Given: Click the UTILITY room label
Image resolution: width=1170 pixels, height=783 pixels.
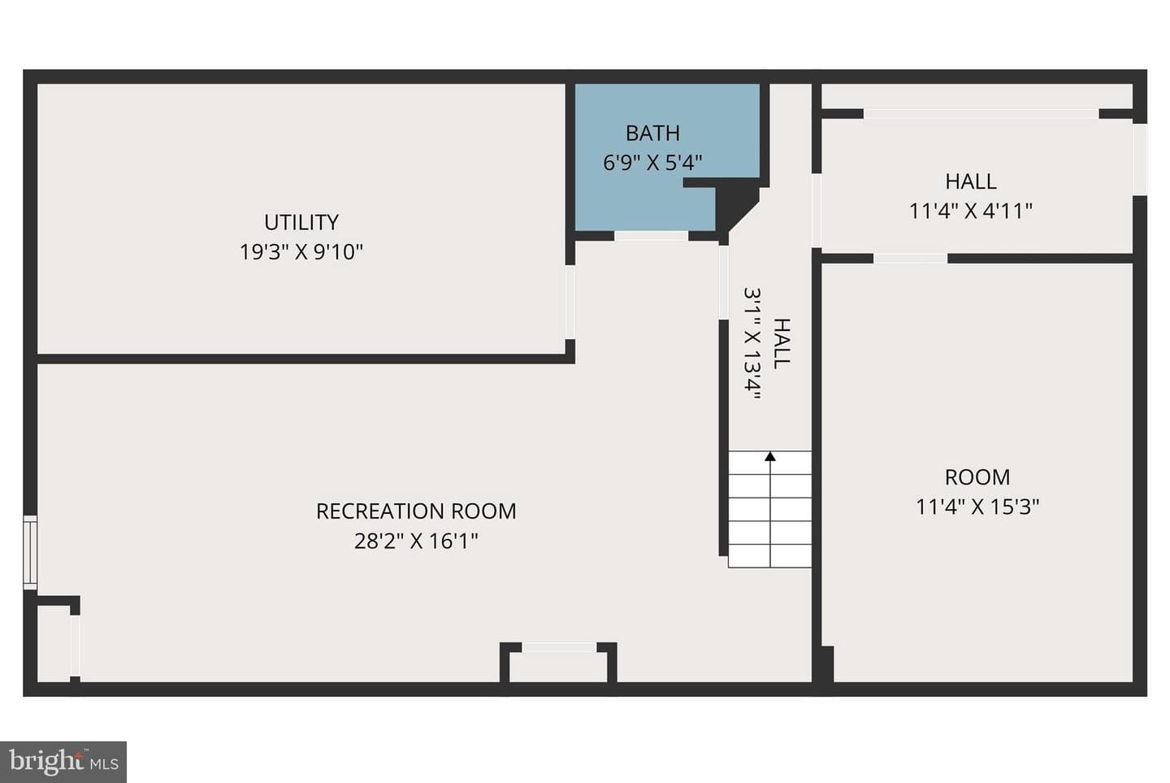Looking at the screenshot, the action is (x=301, y=222).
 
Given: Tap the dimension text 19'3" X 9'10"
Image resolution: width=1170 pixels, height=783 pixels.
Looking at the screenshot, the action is (x=301, y=252).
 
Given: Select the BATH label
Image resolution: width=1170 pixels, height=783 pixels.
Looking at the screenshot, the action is (x=653, y=133).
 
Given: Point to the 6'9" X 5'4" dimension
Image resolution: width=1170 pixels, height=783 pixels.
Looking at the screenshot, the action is (x=653, y=163).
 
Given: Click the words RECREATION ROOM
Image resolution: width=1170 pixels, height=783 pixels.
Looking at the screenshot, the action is (x=416, y=511).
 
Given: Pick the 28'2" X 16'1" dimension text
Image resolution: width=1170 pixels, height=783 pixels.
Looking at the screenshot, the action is (x=416, y=541).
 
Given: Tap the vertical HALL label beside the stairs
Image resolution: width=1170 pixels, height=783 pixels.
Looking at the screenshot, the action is (x=782, y=343).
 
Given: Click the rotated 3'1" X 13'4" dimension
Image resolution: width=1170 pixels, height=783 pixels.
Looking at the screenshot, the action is (x=752, y=343).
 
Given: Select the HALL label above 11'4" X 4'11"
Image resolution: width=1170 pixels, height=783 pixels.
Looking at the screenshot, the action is (x=971, y=181).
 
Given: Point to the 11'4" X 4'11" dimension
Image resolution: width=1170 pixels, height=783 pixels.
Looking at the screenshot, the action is (x=971, y=211).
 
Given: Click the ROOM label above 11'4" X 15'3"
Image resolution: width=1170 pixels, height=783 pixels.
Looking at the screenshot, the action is (x=977, y=477).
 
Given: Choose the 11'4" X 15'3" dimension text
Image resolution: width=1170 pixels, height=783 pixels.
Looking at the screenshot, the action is (x=977, y=507).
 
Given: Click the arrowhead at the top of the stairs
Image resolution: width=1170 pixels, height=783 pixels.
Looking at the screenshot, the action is (x=770, y=457).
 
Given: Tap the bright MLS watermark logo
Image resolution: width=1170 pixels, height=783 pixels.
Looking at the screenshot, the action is (x=63, y=762).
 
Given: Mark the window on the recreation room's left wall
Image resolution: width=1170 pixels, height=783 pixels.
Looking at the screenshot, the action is (x=30, y=553).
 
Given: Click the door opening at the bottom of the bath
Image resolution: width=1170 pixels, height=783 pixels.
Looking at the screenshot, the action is (x=651, y=236).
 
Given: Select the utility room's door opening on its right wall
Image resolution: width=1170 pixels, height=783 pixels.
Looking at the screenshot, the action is (x=570, y=302).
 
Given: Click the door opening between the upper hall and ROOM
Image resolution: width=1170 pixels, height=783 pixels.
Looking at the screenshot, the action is (x=910, y=259).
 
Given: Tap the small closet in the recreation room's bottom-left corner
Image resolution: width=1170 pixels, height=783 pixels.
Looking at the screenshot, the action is (x=54, y=643).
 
